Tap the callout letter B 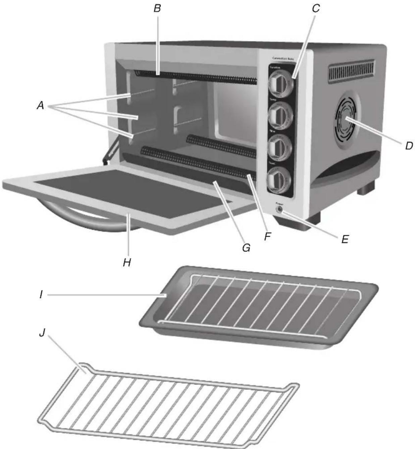point(157,8)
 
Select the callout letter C point(316,8)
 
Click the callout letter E point(345,239)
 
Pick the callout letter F point(267,236)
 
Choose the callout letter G point(246,248)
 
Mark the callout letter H point(126,262)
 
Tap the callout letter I point(41,295)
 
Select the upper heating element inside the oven point(196,76)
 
